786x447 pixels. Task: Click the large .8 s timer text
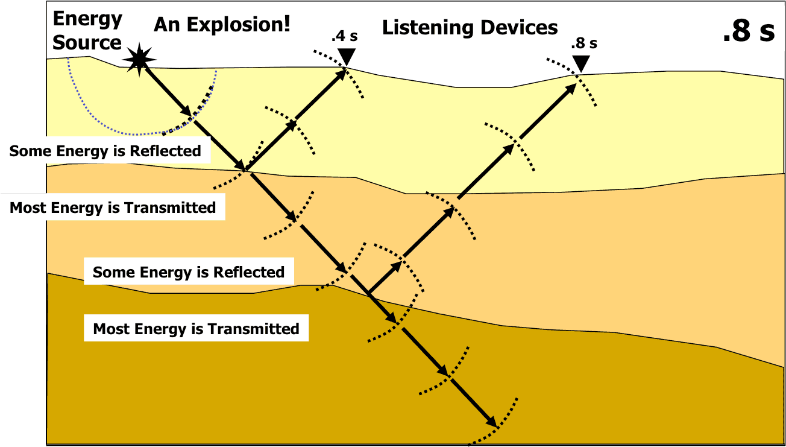pos(749,32)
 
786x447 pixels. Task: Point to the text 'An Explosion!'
pos(222,25)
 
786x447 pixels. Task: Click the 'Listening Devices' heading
pos(470,27)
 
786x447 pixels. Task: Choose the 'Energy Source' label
pos(87,31)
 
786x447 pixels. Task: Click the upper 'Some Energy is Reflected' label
pos(105,151)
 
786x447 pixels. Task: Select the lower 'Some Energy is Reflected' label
pos(188,272)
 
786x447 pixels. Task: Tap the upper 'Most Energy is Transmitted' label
pos(113,208)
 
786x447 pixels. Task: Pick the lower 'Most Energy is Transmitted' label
pos(196,329)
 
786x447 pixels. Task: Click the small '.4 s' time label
pos(344,36)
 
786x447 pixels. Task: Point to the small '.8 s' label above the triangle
pos(584,43)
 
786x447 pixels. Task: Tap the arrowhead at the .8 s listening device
pos(571,89)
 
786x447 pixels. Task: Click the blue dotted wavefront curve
pos(121,127)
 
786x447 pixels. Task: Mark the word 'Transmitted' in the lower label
pos(254,329)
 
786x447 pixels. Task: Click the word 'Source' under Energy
pos(87,42)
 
